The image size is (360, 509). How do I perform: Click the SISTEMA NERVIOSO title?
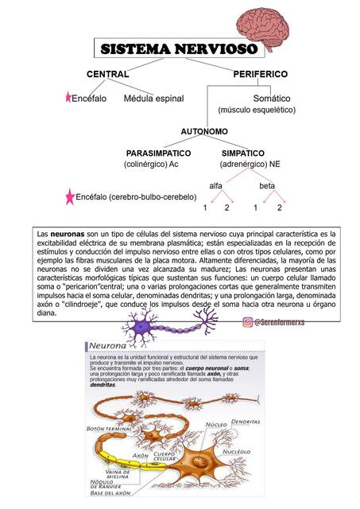(x=179, y=49)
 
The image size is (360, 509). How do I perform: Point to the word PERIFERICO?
(x=261, y=74)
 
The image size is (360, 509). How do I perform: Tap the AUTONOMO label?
(x=204, y=130)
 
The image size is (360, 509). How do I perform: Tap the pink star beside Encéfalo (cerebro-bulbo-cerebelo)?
(x=71, y=196)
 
